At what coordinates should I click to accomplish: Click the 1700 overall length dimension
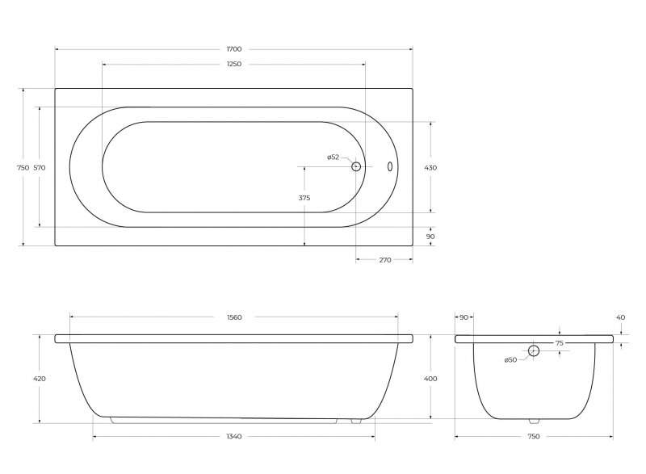(234, 49)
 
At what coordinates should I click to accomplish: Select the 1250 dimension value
(234, 65)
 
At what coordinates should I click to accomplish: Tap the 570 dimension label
(40, 168)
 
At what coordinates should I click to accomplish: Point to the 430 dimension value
(430, 168)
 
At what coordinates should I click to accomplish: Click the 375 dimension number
(304, 198)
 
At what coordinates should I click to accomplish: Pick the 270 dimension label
(385, 260)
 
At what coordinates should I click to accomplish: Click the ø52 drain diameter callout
(333, 157)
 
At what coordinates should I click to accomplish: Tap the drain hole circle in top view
(356, 166)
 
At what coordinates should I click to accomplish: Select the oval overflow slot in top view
(390, 166)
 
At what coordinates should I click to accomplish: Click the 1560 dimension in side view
(234, 317)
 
